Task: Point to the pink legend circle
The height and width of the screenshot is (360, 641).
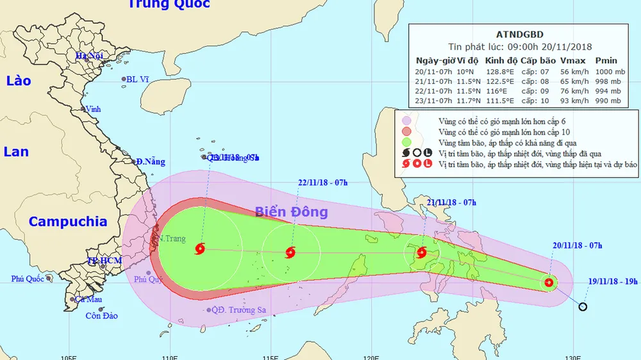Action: click(406, 120)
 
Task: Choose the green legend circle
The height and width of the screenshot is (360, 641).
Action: click(406, 142)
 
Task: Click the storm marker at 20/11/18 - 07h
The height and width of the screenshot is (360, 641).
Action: click(549, 282)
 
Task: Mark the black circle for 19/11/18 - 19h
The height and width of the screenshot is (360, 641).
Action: click(583, 307)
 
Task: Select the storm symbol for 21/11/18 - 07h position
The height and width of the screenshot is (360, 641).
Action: click(421, 252)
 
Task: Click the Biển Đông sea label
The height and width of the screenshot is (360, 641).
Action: click(292, 212)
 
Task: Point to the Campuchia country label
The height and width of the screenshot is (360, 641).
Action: click(67, 222)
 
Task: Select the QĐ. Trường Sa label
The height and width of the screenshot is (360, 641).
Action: click(239, 310)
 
